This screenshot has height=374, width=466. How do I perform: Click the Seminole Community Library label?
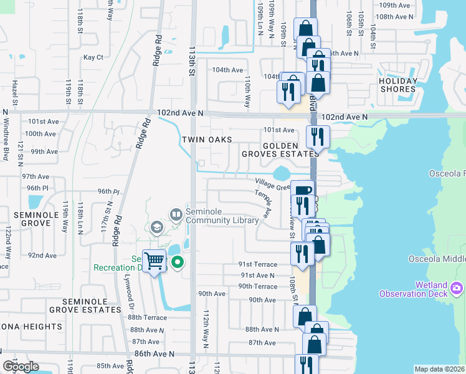(x=222, y=216)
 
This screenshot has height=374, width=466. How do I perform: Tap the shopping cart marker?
(x=154, y=261)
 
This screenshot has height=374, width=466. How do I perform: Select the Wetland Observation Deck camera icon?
(x=457, y=287)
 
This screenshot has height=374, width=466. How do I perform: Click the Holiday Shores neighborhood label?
(x=398, y=85)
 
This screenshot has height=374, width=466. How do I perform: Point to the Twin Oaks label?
(x=207, y=140)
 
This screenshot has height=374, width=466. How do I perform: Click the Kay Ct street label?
(x=93, y=57)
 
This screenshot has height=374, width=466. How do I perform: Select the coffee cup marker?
(x=302, y=191)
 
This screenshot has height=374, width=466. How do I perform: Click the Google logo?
(x=21, y=367)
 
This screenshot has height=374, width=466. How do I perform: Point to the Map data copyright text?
(x=440, y=369)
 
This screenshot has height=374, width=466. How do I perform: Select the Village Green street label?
(x=273, y=185)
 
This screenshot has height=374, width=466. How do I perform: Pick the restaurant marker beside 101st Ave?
(x=318, y=136)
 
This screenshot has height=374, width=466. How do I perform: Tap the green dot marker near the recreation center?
(x=177, y=262)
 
